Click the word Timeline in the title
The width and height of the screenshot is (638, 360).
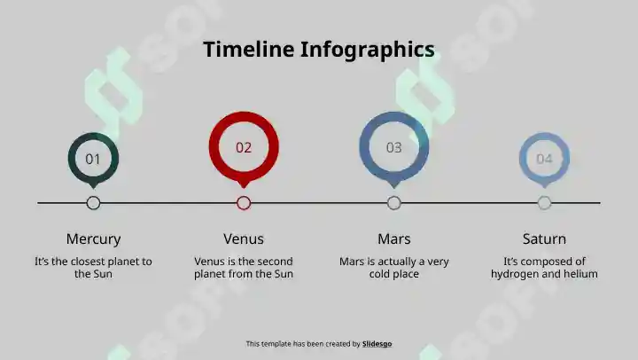point(249,49)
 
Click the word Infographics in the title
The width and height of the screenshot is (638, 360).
point(368,50)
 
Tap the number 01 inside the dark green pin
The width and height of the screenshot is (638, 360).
point(93,159)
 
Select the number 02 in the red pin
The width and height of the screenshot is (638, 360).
point(244,147)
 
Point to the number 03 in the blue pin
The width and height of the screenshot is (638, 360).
point(393,147)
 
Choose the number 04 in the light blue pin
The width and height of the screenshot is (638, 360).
point(544,159)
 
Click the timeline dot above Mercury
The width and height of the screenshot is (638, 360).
point(93,203)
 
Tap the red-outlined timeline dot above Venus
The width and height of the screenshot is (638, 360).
point(244,203)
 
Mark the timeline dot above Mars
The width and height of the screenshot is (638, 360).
point(393,203)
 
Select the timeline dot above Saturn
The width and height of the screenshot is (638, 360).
point(544,203)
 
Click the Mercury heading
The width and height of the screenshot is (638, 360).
point(93,239)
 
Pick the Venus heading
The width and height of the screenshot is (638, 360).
point(244,239)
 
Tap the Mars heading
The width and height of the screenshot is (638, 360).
point(393,239)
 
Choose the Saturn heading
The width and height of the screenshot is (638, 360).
point(544,239)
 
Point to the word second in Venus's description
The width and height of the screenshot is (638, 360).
point(273,261)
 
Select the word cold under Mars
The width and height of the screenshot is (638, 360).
point(380,274)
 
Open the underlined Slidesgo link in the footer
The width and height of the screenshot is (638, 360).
point(377,344)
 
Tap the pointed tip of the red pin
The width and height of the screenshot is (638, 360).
point(244,188)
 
